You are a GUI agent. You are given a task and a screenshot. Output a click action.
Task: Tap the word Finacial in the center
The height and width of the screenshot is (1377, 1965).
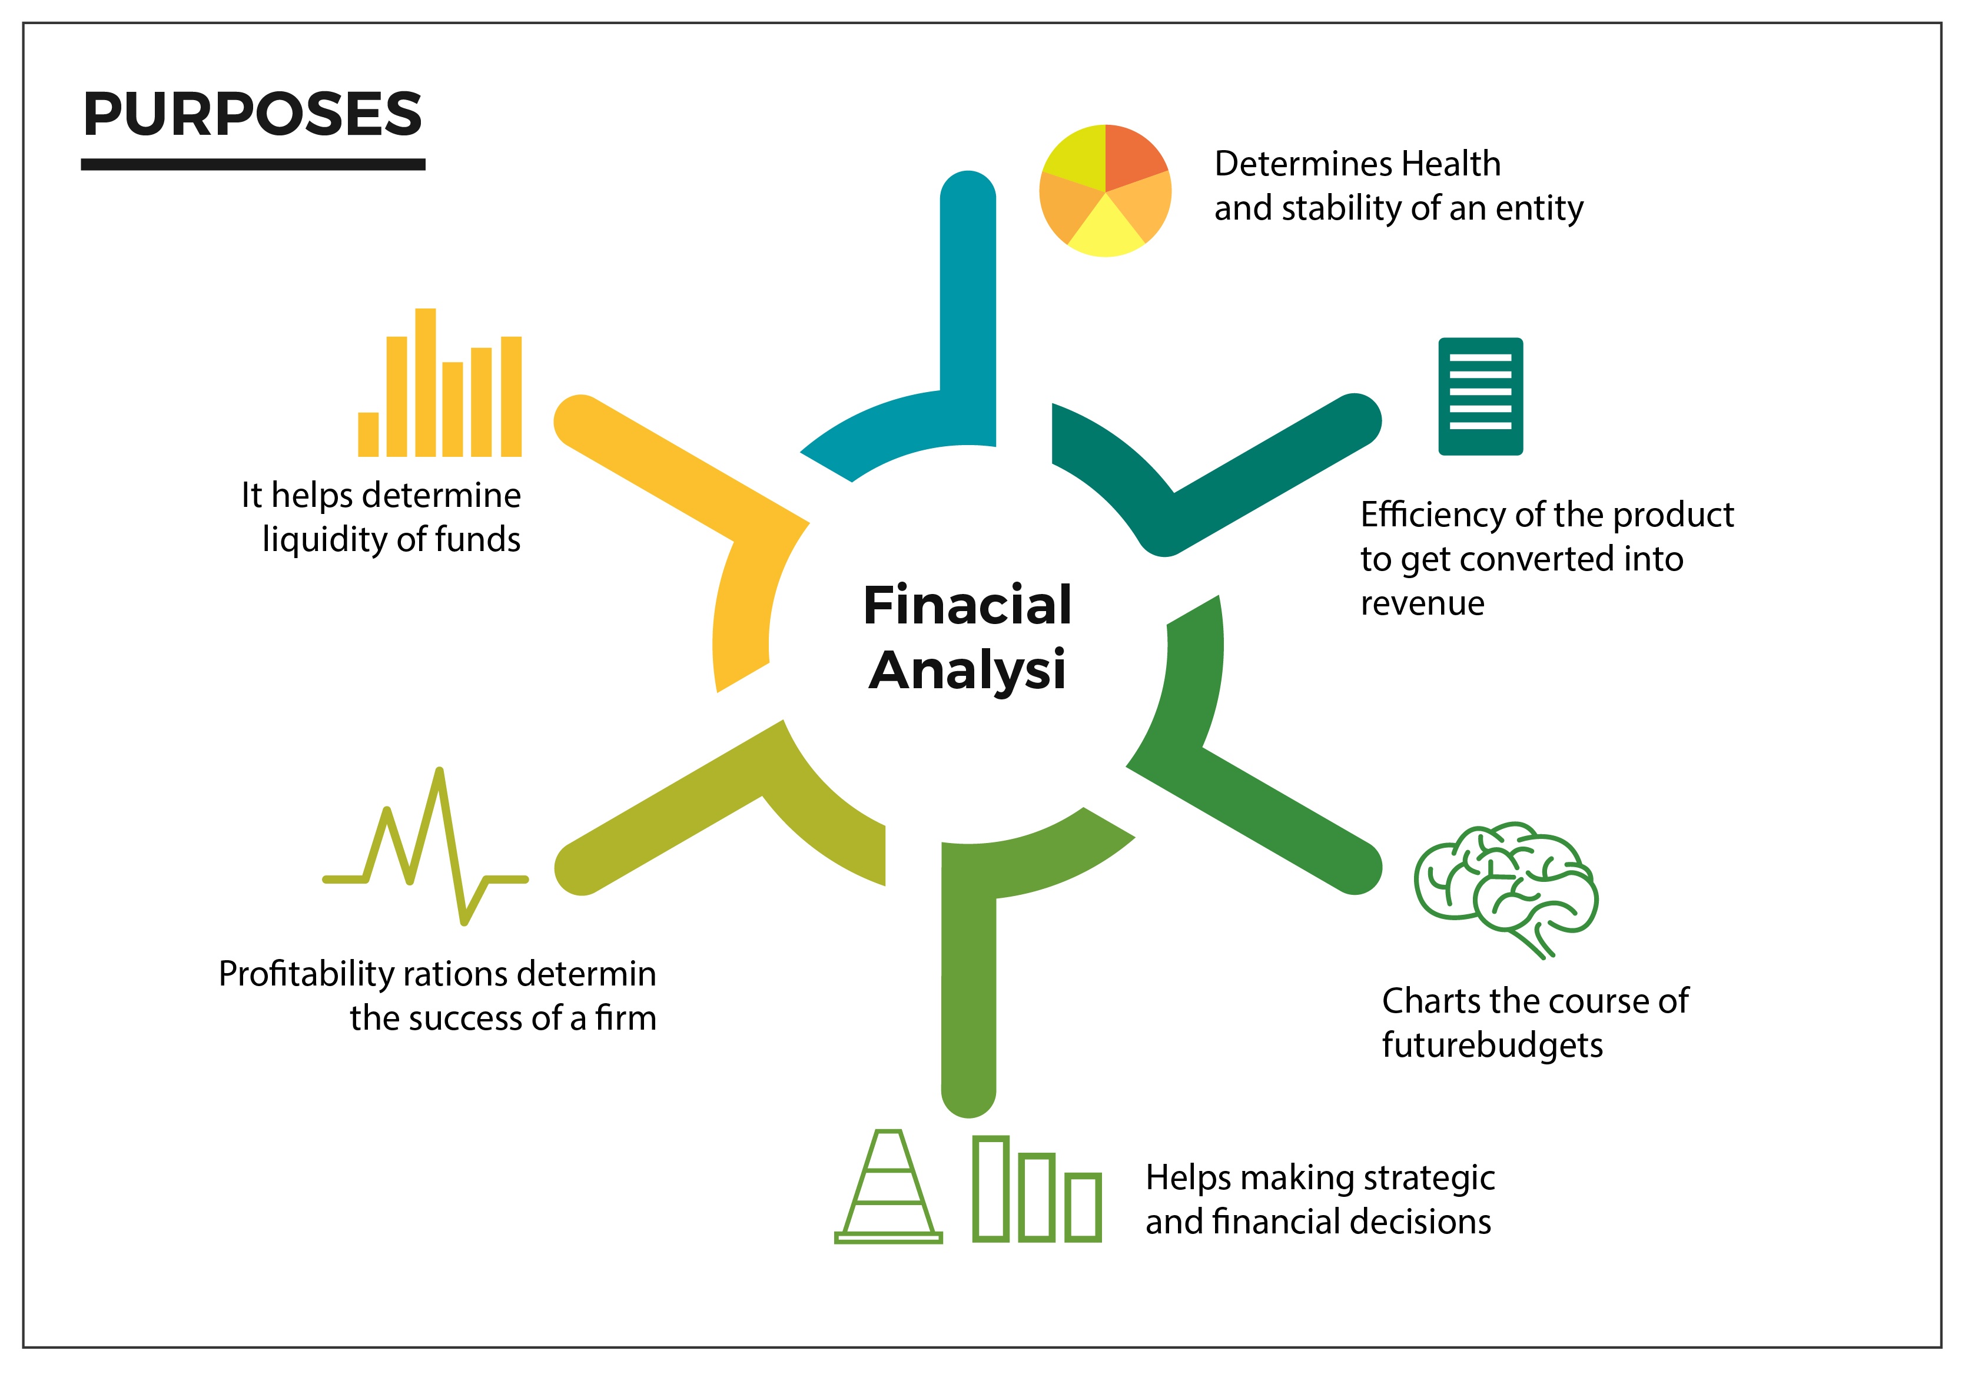967,605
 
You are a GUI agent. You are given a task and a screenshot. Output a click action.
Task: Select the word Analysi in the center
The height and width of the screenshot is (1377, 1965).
967,670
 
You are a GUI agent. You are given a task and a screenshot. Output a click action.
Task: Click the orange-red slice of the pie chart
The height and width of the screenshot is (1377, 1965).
1131,156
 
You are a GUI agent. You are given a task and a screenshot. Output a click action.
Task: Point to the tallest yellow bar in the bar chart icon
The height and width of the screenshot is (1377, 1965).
426,383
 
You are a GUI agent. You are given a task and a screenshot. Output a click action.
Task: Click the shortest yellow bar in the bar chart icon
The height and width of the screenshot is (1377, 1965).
368,434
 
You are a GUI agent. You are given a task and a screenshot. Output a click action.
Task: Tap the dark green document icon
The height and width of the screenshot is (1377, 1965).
1481,396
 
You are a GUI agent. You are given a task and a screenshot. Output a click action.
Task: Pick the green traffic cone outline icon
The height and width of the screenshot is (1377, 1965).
888,1186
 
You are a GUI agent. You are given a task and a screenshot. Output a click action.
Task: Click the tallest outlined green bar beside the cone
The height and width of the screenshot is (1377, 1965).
991,1188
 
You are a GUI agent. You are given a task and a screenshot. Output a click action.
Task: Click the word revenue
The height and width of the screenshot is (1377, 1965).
1422,603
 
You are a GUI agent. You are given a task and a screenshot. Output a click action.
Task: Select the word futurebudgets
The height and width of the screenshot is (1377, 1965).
1492,1046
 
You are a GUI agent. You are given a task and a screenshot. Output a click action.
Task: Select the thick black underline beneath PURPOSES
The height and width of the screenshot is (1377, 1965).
253,164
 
